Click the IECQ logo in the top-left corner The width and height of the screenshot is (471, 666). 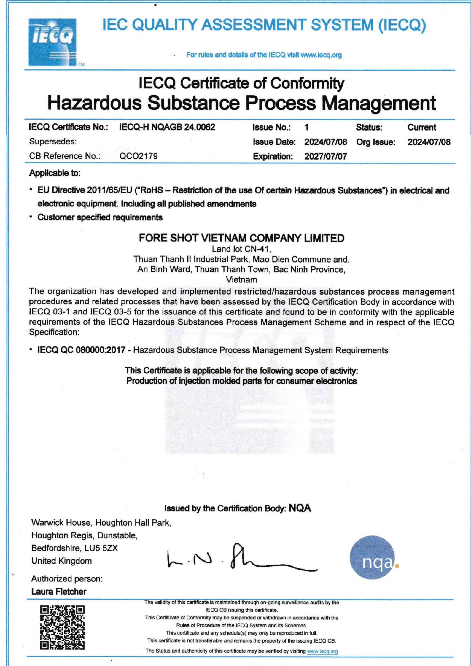click(x=52, y=42)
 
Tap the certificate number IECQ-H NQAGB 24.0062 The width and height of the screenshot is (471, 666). click(x=167, y=127)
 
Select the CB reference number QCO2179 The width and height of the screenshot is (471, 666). click(x=139, y=156)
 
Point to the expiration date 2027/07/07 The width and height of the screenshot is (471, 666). click(x=325, y=156)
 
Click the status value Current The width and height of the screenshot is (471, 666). click(x=421, y=128)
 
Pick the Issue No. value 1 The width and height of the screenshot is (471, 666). click(x=307, y=128)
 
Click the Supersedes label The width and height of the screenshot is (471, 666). click(x=53, y=142)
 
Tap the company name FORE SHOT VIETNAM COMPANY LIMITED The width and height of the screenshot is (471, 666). click(x=241, y=238)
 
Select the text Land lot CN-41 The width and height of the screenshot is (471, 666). click(x=241, y=249)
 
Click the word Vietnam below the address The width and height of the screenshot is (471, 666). click(x=241, y=279)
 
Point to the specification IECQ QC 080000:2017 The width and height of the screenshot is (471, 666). click(x=81, y=350)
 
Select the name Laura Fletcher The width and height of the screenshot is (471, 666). click(x=59, y=592)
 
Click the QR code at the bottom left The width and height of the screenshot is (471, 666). click(x=62, y=627)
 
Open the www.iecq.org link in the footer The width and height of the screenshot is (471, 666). click(x=322, y=651)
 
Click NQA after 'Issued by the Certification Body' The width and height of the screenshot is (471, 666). click(x=300, y=508)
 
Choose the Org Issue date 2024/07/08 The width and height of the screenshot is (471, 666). click(x=429, y=142)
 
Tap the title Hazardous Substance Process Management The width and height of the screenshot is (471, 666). click(x=241, y=103)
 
